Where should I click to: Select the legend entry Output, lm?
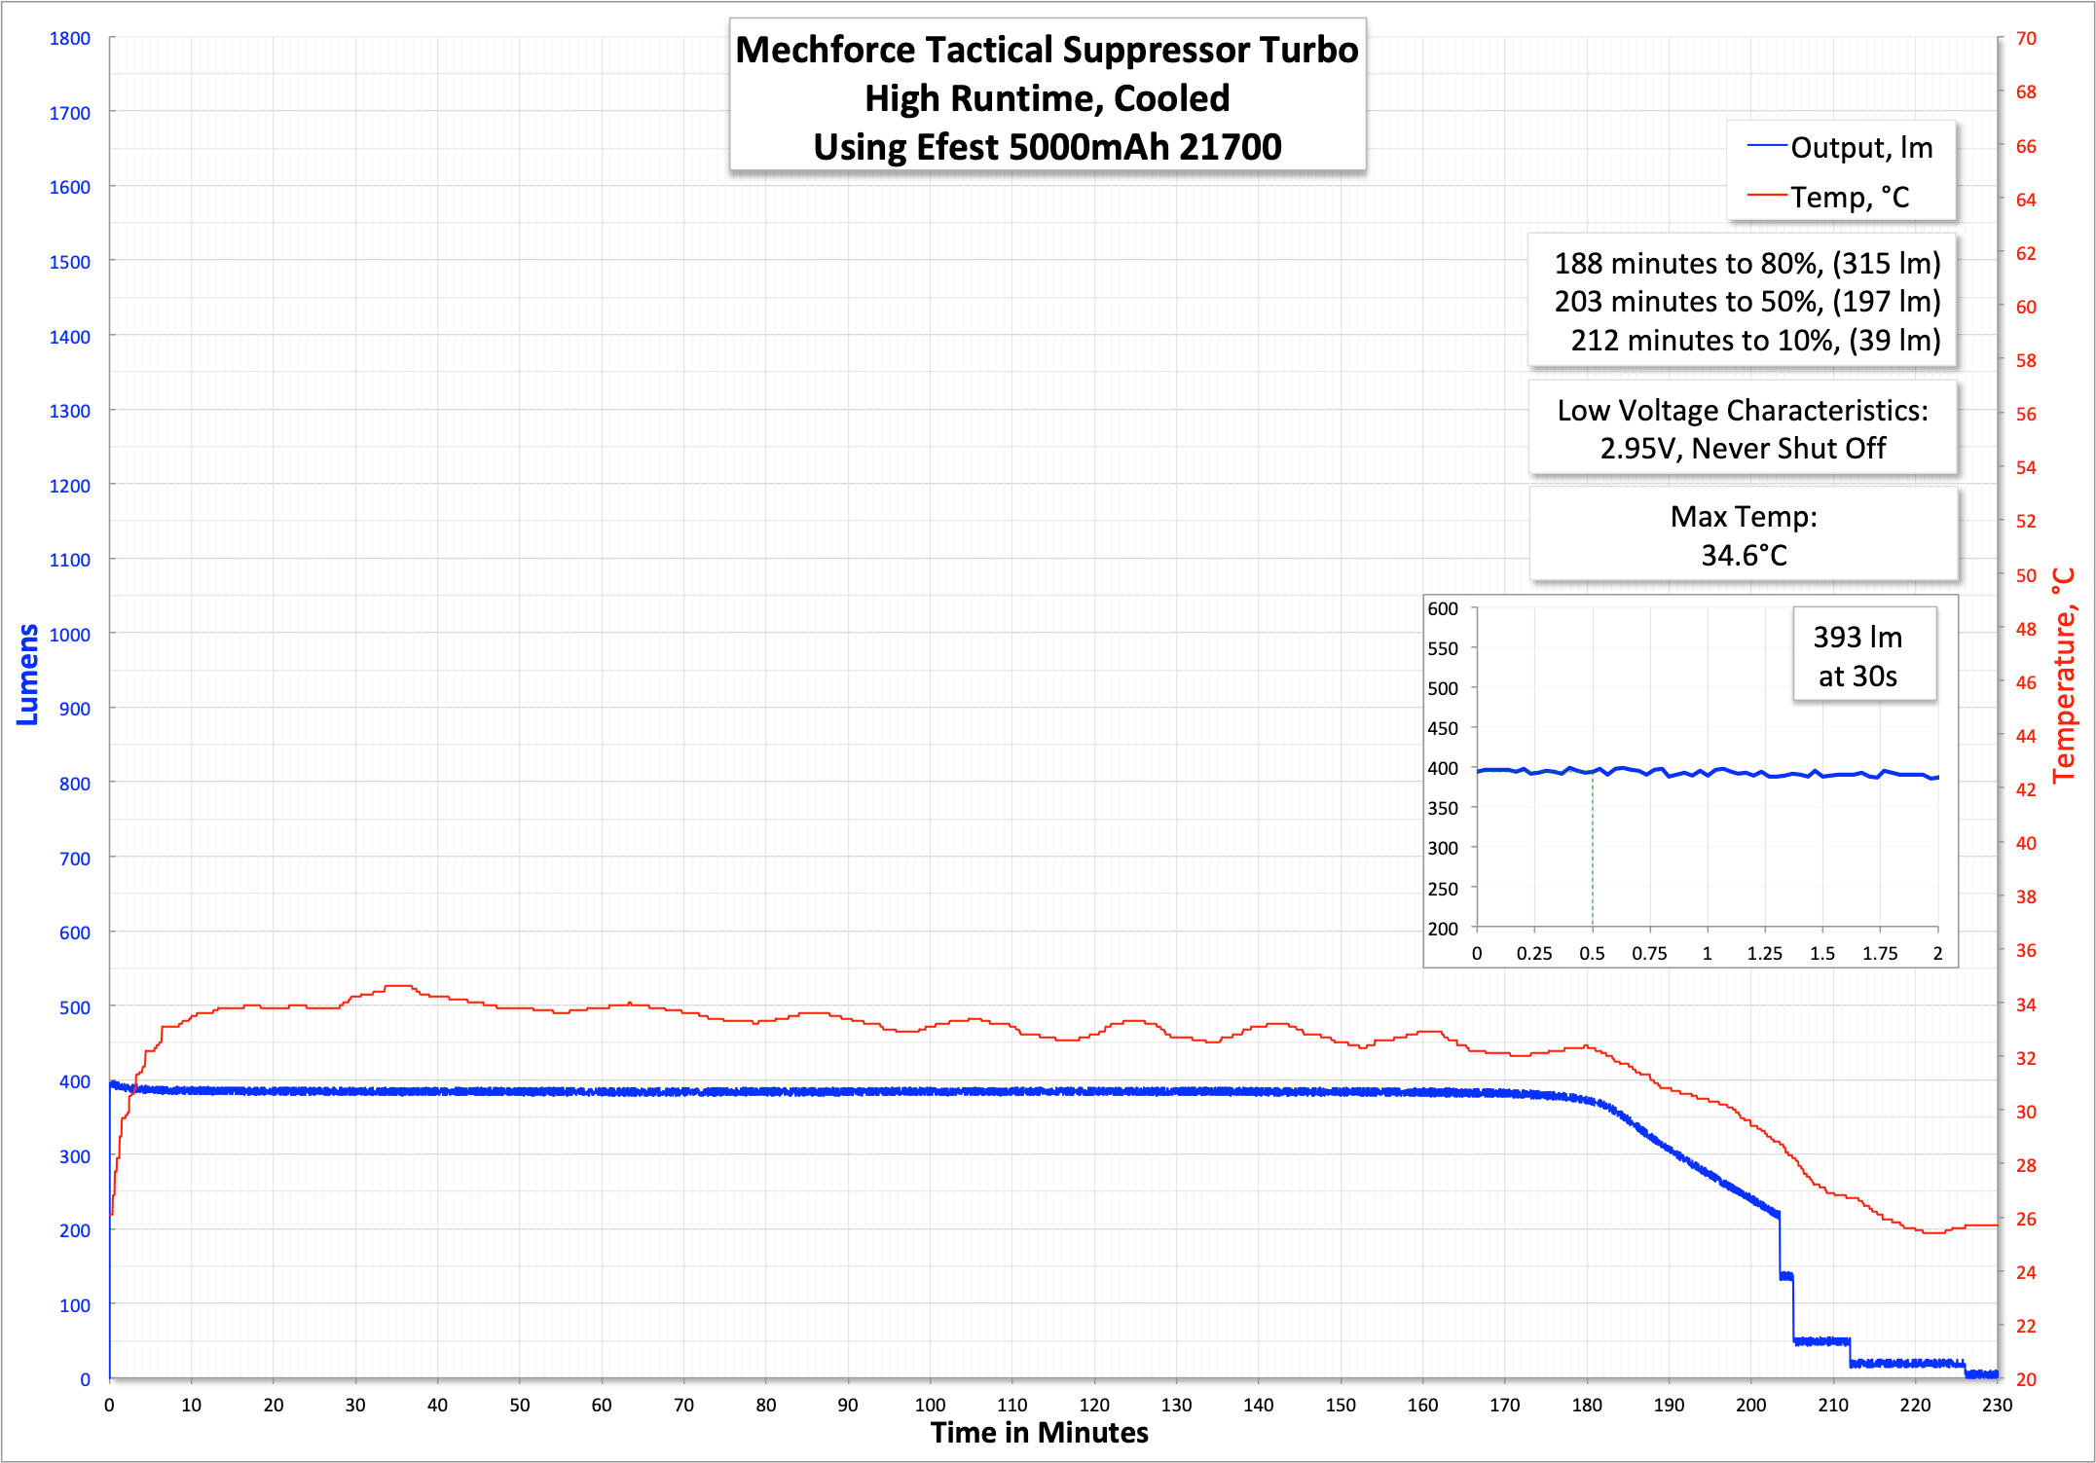[x=1860, y=148]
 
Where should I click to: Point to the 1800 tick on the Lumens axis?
[x=70, y=39]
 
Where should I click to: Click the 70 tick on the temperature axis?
[x=2026, y=39]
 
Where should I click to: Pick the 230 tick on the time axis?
[x=1997, y=1405]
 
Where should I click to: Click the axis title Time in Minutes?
[x=1039, y=1433]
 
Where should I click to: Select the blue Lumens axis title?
[x=27, y=675]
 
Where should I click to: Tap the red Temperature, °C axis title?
[x=2064, y=676]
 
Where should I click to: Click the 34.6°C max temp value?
[x=1744, y=556]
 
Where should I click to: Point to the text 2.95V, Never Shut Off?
[x=1743, y=449]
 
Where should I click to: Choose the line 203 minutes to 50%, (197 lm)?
[x=1747, y=302]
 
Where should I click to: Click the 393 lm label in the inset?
[x=1857, y=638]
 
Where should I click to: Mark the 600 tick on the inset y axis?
[x=1443, y=609]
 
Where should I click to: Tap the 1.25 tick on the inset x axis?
[x=1764, y=954]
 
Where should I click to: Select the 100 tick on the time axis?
[x=930, y=1405]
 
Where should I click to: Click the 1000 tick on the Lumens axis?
[x=70, y=635]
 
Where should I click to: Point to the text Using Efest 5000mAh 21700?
[x=1048, y=147]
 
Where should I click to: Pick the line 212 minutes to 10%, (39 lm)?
[x=1755, y=341]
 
